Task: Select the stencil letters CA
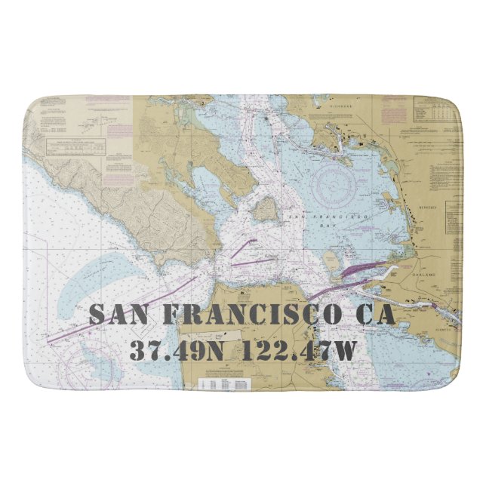pyautogui.click(x=375, y=314)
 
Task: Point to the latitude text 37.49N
pyautogui.click(x=179, y=350)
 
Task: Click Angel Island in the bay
pyautogui.click(x=265, y=209)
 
